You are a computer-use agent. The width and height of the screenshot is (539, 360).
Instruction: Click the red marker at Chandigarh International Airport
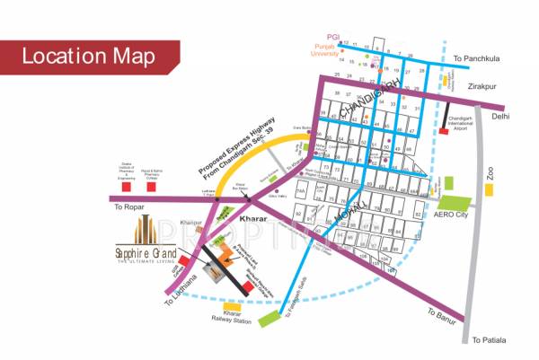[x=444, y=132]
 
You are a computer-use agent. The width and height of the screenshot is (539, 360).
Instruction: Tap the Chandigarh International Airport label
[x=472, y=125]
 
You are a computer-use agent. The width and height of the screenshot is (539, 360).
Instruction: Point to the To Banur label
[x=444, y=315]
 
